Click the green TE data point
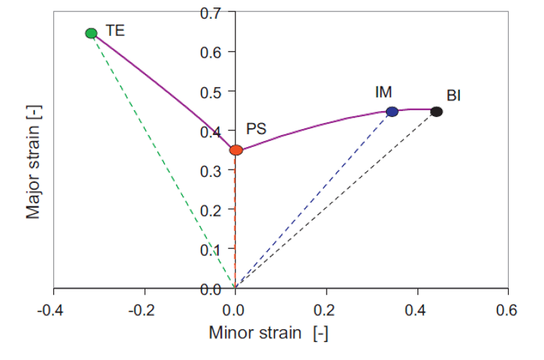[x=91, y=33]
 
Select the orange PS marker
[x=236, y=150]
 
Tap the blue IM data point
[x=392, y=112]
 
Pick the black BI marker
[x=437, y=112]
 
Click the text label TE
[x=115, y=31]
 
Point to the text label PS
[x=257, y=129]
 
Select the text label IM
[x=384, y=92]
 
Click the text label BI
[x=453, y=96]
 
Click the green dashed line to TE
[x=163, y=160]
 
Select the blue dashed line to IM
[x=314, y=199]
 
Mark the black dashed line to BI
[x=336, y=199]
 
